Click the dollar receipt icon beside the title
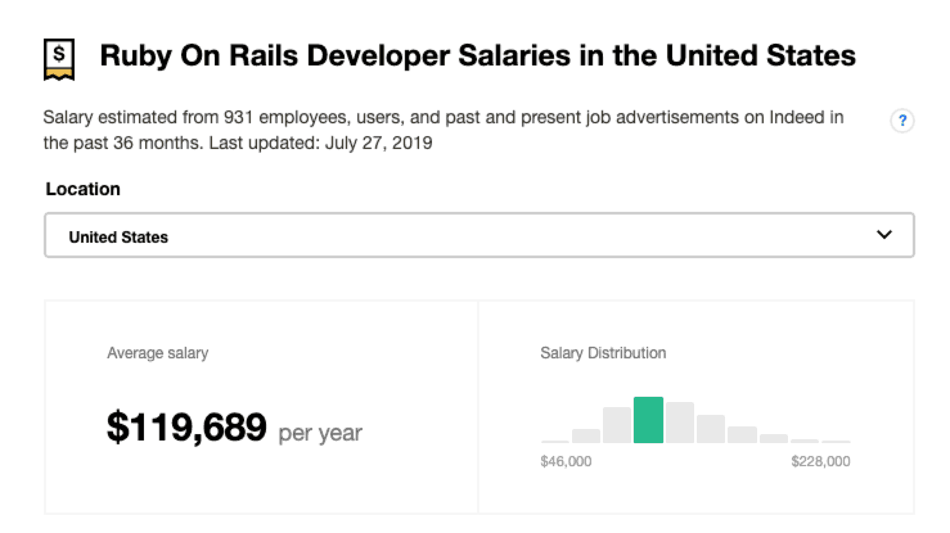tap(59, 59)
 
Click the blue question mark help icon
tap(902, 121)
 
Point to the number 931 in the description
tap(238, 118)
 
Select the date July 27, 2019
tap(379, 143)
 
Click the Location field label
tap(83, 189)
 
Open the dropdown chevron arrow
tap(884, 235)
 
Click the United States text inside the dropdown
tap(118, 237)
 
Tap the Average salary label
tap(157, 353)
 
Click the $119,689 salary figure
tap(186, 427)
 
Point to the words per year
tap(320, 433)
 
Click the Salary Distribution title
tap(603, 353)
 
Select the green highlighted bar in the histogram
tap(648, 421)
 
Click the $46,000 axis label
tap(566, 461)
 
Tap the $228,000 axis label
tap(821, 461)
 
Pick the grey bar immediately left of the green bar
tap(617, 425)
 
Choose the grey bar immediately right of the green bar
tap(679, 423)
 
